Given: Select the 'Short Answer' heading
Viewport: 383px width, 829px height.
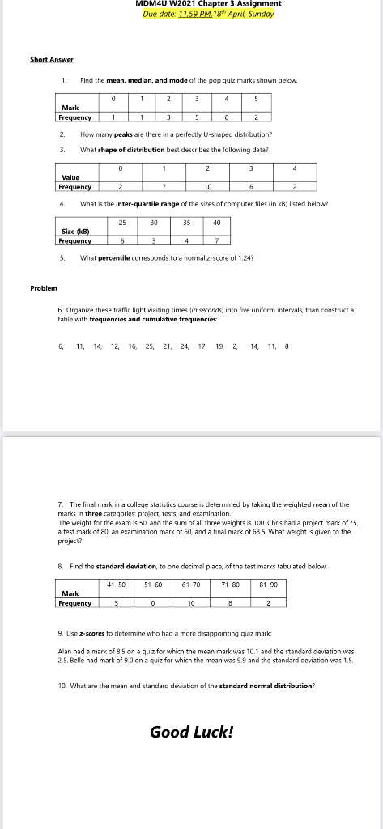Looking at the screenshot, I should pos(52,59).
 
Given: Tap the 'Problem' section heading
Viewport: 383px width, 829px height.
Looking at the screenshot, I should pos(43,287).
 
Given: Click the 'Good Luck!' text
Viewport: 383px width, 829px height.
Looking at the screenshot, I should pos(191,732).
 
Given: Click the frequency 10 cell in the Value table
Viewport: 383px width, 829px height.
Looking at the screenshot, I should pos(208,185).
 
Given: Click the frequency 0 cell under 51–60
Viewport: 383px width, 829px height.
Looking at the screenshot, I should pos(151,602).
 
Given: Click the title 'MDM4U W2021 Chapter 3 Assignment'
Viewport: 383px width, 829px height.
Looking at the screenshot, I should pos(209,4).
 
